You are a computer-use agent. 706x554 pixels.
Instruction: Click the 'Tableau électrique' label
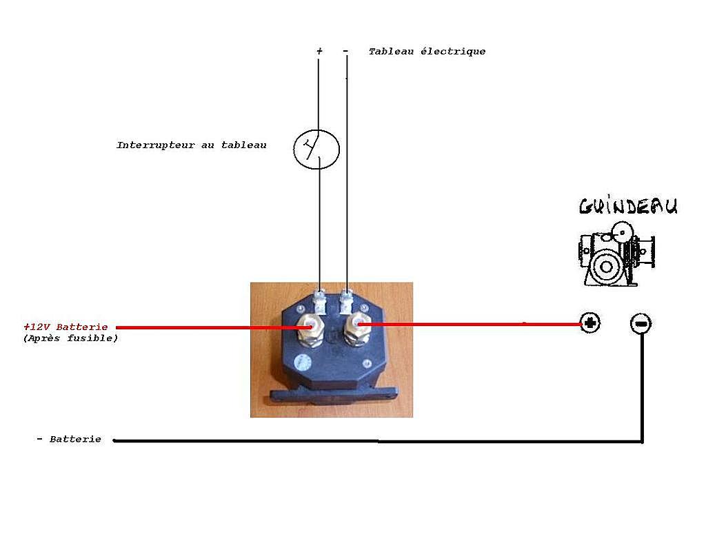pos(427,51)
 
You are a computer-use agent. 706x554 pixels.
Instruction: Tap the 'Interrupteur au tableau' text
pos(192,145)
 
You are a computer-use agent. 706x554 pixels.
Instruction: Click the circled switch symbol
pos(316,149)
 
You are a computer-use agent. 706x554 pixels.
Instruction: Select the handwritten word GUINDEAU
pos(628,206)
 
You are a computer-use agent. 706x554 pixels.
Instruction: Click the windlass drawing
pos(616,254)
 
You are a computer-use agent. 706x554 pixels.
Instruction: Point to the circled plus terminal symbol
pos(590,322)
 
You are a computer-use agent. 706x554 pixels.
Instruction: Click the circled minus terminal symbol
pos(641,324)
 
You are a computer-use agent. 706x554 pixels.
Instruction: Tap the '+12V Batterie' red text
pos(65,327)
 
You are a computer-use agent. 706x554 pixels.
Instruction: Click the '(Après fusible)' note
pos(70,338)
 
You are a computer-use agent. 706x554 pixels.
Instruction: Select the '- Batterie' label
pos(69,439)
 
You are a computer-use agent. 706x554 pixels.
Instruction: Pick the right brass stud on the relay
pos(357,330)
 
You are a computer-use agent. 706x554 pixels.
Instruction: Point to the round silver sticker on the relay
pos(302,363)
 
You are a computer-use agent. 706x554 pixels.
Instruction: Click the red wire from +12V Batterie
pos(214,327)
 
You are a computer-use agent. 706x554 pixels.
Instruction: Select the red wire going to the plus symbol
pos(470,324)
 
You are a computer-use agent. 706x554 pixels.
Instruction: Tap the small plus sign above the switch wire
pos(319,51)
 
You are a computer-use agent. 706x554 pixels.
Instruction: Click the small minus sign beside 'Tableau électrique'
pos(345,51)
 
